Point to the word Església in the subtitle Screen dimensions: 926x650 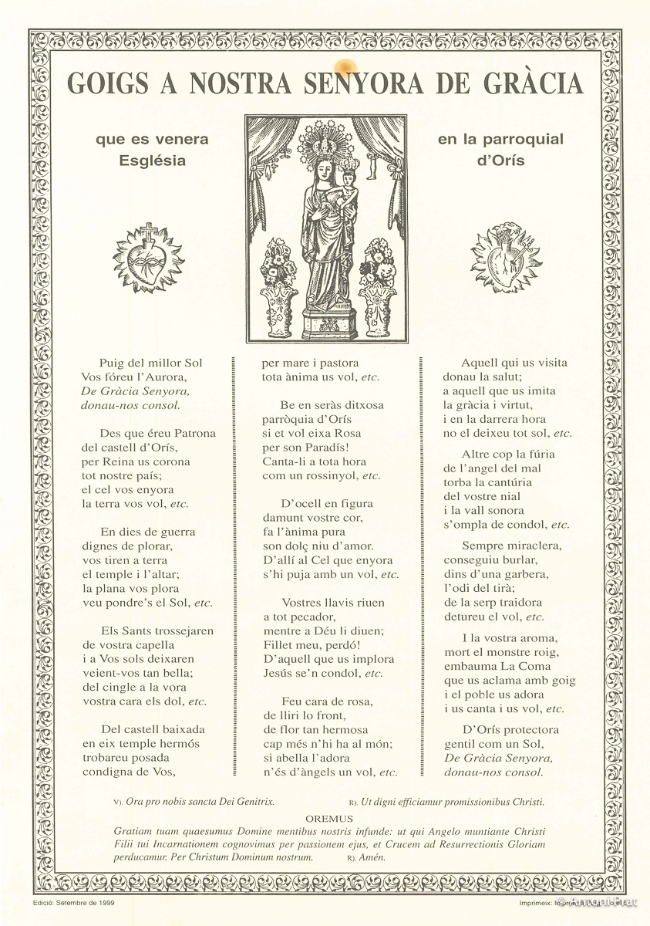pyautogui.click(x=153, y=161)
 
